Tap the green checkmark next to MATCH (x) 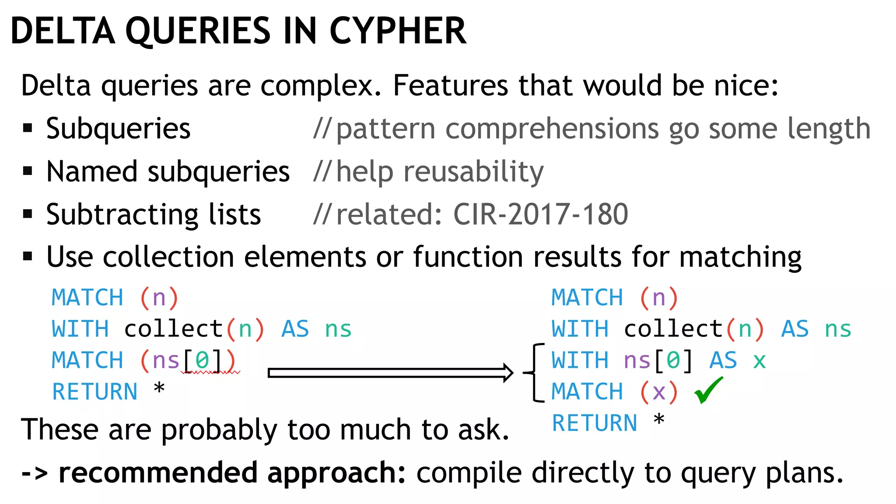point(708,390)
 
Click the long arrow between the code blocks point(389,373)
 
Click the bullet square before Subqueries point(28,128)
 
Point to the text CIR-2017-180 point(541,214)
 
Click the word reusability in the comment point(473,171)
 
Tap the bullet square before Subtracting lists point(28,214)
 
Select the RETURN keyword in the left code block point(94,392)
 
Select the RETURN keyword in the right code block point(594,423)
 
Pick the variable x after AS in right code point(759,361)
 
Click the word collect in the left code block point(174,329)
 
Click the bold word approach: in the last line point(336,473)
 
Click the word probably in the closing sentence point(219,430)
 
